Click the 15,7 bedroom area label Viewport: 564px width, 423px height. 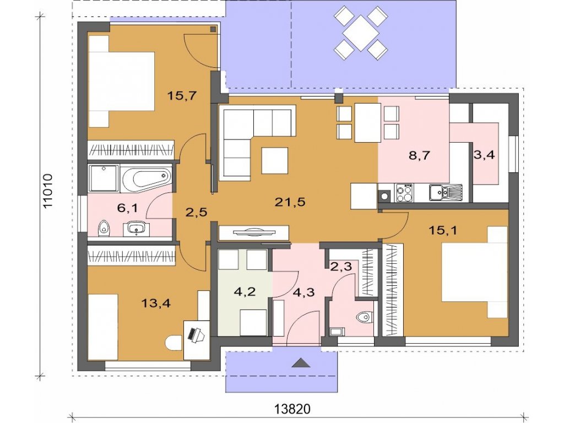182,96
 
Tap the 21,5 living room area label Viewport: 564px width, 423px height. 290,202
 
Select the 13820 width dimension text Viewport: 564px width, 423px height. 292,409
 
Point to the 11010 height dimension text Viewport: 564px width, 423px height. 47,191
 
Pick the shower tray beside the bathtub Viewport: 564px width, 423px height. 104,178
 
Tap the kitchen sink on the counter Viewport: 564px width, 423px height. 446,192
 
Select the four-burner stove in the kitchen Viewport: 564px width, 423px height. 404,193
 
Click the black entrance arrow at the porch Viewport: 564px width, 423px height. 301,363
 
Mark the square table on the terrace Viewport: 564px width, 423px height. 361,33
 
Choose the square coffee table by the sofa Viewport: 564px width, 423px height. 275,160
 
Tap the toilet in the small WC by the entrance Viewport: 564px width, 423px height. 364,317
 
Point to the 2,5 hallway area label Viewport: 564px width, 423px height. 197,212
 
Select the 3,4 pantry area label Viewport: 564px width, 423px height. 484,155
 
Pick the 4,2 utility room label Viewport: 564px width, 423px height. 245,291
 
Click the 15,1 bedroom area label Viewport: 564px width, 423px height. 443,230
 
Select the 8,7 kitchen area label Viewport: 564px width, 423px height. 419,156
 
